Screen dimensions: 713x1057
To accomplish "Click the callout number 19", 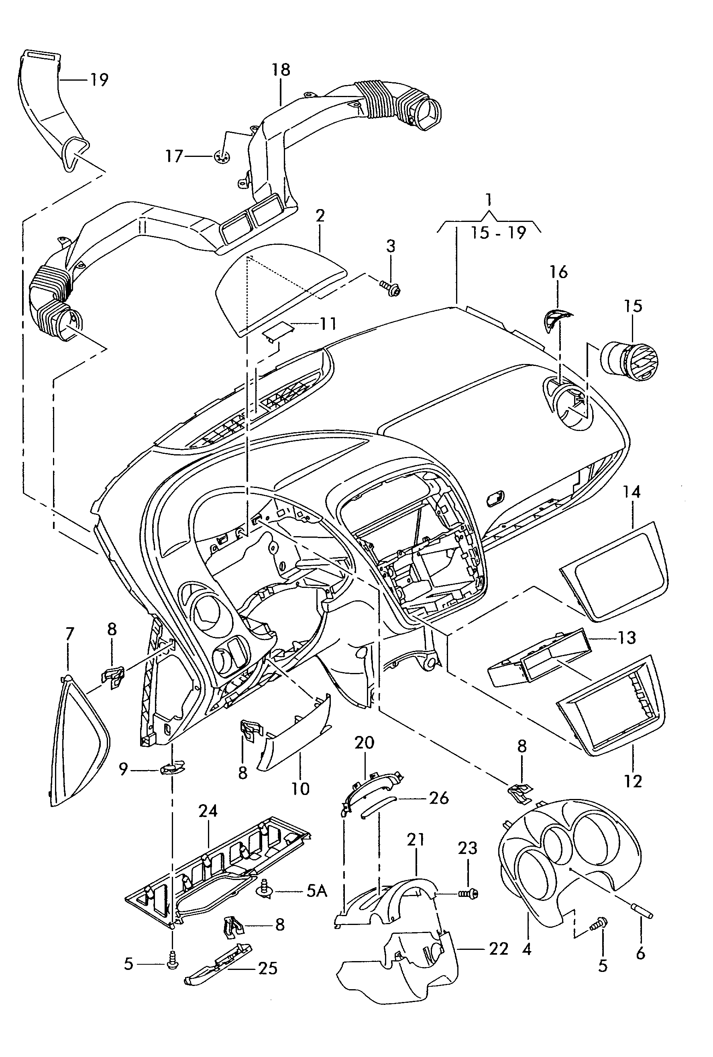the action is [x=99, y=80].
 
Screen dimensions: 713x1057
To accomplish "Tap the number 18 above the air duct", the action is [x=281, y=69].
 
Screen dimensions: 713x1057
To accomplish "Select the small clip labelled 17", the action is [x=222, y=157].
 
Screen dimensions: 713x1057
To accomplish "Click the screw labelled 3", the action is [x=389, y=287].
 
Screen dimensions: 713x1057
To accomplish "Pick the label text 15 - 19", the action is [x=498, y=233].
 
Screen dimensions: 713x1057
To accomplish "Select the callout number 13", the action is [x=626, y=638].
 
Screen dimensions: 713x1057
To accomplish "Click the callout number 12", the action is [x=633, y=782].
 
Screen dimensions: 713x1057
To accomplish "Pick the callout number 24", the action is [x=208, y=811].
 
